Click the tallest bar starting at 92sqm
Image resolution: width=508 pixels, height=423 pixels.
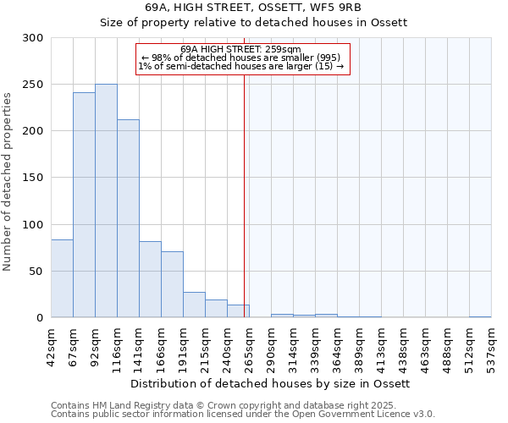click(x=106, y=201)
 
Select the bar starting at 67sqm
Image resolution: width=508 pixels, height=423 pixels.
click(x=84, y=206)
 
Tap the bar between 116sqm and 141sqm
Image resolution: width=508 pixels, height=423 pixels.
click(x=128, y=218)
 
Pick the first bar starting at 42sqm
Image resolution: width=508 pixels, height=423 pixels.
click(x=62, y=279)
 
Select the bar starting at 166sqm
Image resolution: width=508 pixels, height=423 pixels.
click(x=172, y=285)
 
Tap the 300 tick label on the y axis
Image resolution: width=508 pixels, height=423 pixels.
click(x=33, y=38)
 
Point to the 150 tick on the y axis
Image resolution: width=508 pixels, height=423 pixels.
click(x=33, y=178)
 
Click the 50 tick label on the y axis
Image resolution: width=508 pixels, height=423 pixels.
click(x=36, y=272)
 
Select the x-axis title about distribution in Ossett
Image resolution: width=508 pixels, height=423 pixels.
click(x=271, y=383)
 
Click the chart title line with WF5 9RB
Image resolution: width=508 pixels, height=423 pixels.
click(x=254, y=8)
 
